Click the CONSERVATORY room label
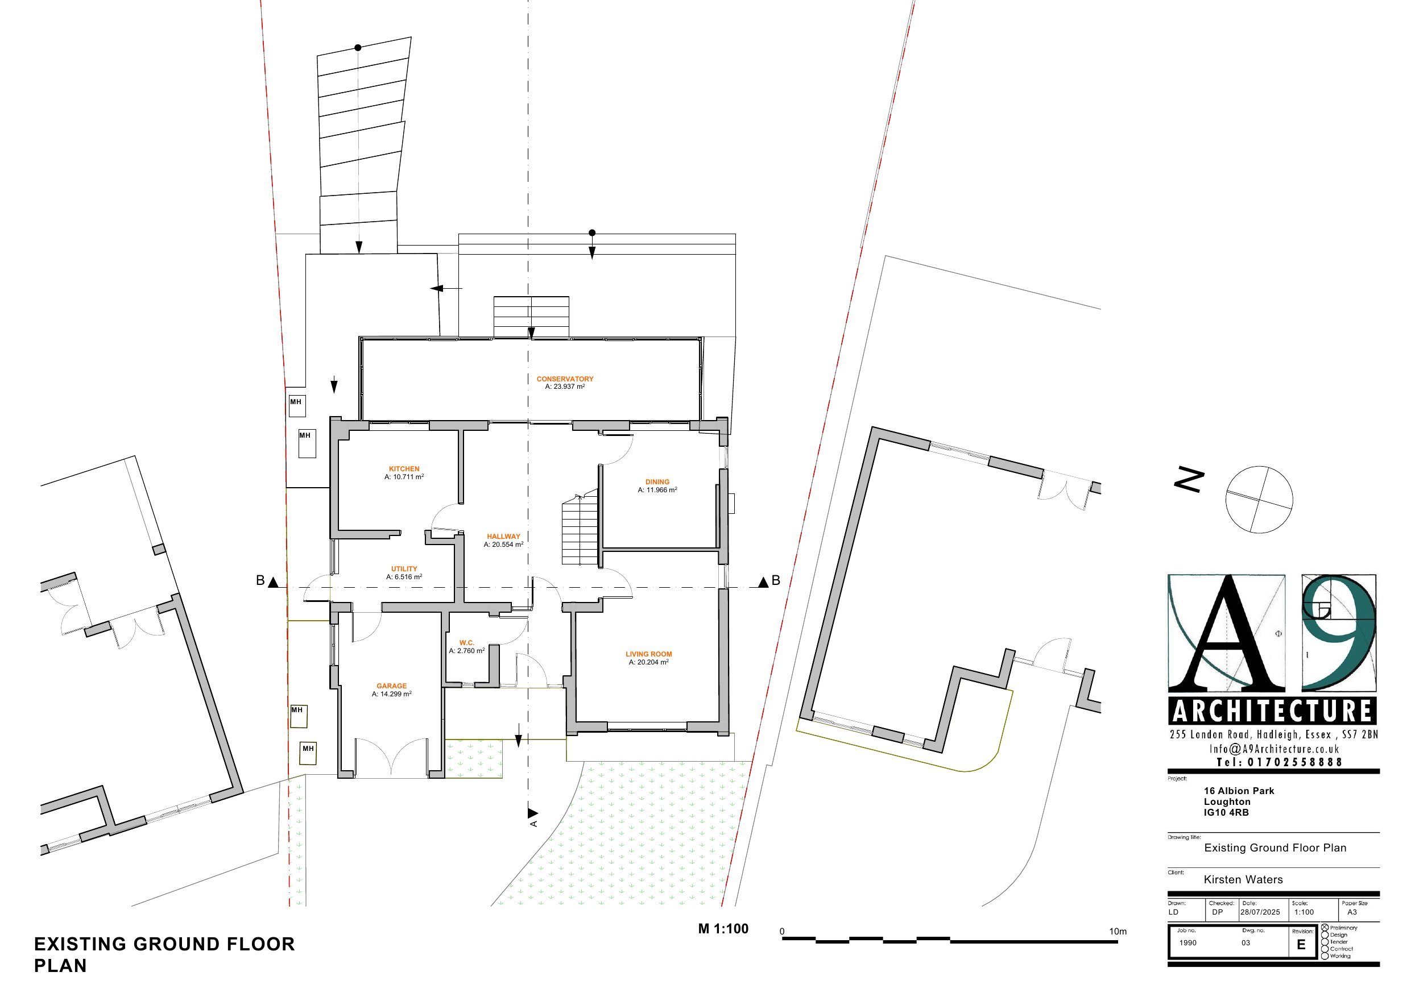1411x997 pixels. point(565,379)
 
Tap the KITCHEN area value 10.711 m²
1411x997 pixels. point(404,477)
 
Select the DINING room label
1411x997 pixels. point(657,482)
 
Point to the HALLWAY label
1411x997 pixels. point(503,536)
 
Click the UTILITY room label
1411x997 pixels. point(404,569)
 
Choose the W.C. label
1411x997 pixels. point(467,642)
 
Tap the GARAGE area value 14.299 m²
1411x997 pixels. point(391,694)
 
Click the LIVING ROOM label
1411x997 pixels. point(649,654)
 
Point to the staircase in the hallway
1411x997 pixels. point(580,530)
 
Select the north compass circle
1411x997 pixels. point(1259,500)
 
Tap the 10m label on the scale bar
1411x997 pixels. point(1118,931)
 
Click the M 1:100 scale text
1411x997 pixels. point(723,929)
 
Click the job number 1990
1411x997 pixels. point(1188,943)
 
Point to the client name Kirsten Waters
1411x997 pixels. point(1243,880)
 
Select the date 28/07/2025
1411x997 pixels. point(1260,912)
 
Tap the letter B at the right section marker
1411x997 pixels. point(776,580)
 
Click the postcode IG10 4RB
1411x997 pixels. point(1226,812)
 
